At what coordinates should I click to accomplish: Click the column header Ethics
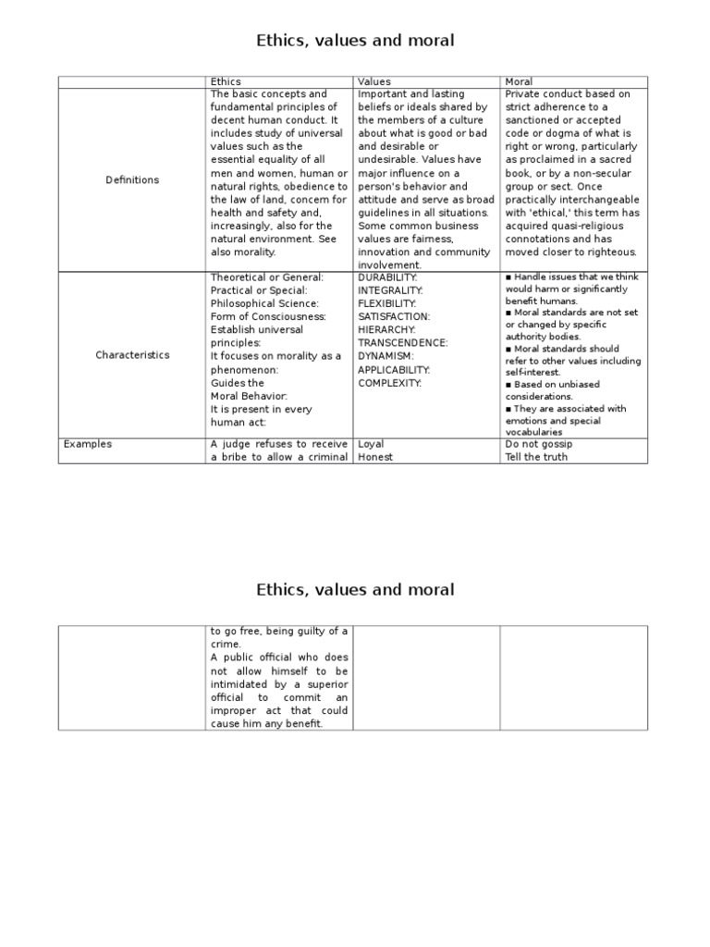pyautogui.click(x=226, y=81)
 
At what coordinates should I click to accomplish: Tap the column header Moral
pyautogui.click(x=519, y=81)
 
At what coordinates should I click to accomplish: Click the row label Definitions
pyautogui.click(x=132, y=180)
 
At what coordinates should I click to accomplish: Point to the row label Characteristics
pyautogui.click(x=132, y=355)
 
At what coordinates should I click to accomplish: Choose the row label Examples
pyautogui.click(x=88, y=444)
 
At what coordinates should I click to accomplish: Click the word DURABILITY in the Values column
pyautogui.click(x=387, y=277)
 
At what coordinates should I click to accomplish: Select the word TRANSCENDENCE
pyautogui.click(x=403, y=343)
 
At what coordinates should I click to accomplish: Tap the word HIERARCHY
pyautogui.click(x=386, y=329)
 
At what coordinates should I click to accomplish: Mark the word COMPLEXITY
pyautogui.click(x=389, y=382)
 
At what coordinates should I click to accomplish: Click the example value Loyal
pyautogui.click(x=371, y=444)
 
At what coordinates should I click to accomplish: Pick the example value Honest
pyautogui.click(x=375, y=457)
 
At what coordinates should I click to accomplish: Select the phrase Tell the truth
pyautogui.click(x=536, y=457)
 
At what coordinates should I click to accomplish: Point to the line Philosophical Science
pyautogui.click(x=264, y=303)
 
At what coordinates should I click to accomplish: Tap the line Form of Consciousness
pyautogui.click(x=268, y=316)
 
